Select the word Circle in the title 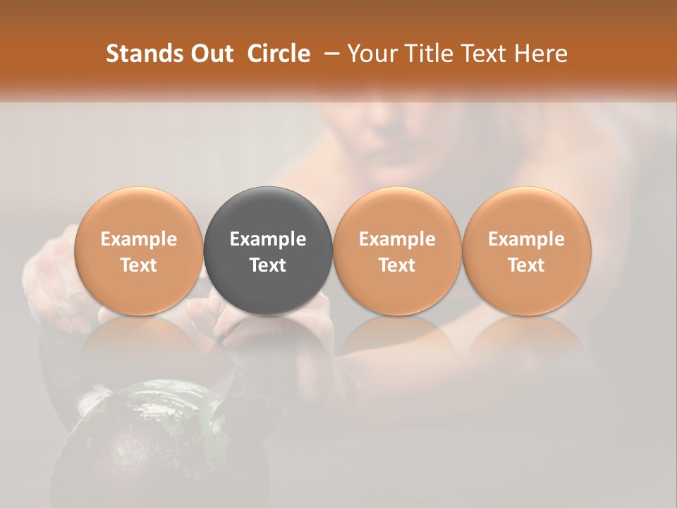click(279, 54)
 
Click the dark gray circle click(268, 250)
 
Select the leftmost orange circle click(138, 250)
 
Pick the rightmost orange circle click(527, 250)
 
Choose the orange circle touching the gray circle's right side click(397, 250)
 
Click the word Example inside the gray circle click(268, 239)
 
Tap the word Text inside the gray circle click(268, 265)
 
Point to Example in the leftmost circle click(138, 239)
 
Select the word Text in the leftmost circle click(138, 265)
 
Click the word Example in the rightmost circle click(527, 239)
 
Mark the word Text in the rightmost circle click(527, 265)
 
